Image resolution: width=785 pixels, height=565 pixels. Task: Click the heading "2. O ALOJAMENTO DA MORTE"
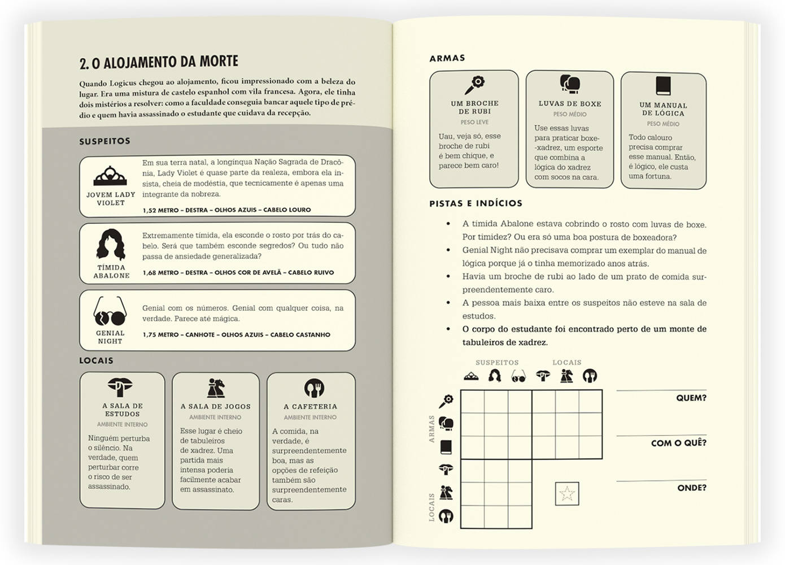coord(159,62)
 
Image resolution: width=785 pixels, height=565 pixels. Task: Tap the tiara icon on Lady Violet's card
coord(110,176)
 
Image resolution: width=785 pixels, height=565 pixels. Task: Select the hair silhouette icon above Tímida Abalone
coord(111,244)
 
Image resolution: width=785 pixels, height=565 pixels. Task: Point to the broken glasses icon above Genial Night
coord(110,311)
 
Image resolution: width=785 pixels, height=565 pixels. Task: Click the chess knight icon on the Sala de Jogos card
coord(216,388)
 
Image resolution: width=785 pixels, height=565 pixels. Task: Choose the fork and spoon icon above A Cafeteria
coord(314,388)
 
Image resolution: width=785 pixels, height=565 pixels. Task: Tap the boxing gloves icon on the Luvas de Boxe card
coord(570,84)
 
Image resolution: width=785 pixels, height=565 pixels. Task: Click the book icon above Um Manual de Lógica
coord(663,86)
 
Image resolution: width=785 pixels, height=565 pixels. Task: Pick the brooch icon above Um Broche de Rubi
coord(474,85)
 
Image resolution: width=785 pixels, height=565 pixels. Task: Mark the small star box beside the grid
coord(567,494)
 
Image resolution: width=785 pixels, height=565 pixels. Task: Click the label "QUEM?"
coord(691,398)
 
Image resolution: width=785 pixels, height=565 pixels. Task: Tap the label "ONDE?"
coord(691,488)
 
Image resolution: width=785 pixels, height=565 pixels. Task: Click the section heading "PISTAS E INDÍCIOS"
coord(476,203)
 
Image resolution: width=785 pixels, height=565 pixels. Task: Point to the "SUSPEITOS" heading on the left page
coord(104,141)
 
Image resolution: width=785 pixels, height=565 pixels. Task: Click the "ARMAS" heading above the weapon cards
coord(447,58)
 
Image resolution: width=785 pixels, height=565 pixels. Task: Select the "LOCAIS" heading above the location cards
coord(96,360)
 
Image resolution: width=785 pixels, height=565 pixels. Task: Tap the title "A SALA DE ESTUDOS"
coord(123,410)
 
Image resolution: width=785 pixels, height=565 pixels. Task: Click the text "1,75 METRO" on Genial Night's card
coord(160,334)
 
